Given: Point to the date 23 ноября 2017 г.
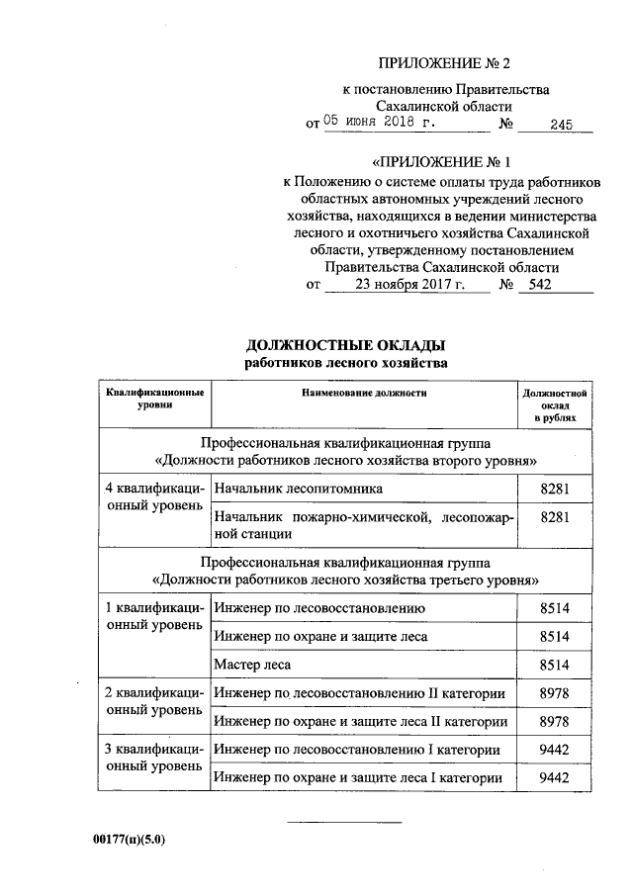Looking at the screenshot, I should pos(407,285).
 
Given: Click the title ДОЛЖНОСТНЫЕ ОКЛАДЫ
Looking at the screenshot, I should pos(345,345).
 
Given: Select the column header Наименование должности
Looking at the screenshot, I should pos(365,394).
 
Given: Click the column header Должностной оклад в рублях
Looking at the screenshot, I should pos(554,405).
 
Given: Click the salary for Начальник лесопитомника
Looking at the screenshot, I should pos(554,490).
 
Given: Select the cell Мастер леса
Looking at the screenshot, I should pos(253,665).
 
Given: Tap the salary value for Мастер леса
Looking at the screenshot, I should pos(554,665).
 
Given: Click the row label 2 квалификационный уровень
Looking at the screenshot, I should pos(155,702).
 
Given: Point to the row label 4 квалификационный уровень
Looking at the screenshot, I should pos(155,498).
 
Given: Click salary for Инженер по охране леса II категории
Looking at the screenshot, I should pos(554,722).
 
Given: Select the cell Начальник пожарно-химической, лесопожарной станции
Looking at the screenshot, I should pos(363,526).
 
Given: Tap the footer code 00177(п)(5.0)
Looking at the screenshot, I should pos(129,841).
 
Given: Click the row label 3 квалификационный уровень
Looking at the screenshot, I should pos(155,759).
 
